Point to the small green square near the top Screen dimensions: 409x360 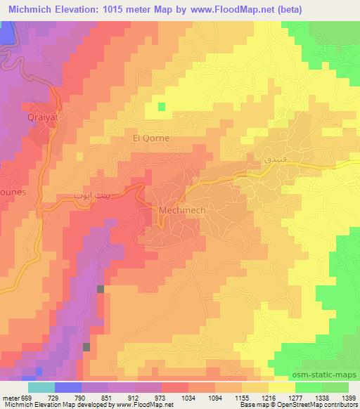pyautogui.click(x=162, y=107)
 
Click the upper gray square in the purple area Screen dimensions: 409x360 pyautogui.click(x=101, y=289)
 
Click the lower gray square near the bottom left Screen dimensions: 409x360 pyautogui.click(x=86, y=346)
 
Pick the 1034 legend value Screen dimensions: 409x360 pyautogui.click(x=188, y=398)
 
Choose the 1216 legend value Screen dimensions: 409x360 pyautogui.click(x=268, y=398)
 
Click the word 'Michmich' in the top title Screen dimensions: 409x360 pyautogui.click(x=33, y=10)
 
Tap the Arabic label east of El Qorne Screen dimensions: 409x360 pyautogui.click(x=256, y=160)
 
